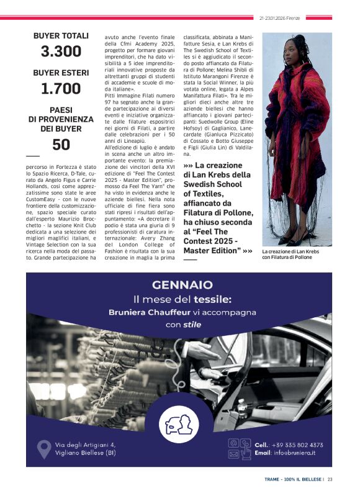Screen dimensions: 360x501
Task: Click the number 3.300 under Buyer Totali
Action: point(61,52)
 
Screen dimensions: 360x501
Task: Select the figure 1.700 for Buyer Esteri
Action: point(61,89)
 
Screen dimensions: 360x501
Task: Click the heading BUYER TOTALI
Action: point(61,36)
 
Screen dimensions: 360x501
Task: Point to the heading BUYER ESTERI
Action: point(61,73)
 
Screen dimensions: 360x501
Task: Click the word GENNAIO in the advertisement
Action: point(182,286)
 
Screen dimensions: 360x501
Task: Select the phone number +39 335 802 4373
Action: point(297,445)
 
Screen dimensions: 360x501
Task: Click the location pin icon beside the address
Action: point(44,448)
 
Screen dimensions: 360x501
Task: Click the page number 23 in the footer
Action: point(330,479)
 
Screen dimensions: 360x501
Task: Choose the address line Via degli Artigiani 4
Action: point(85,445)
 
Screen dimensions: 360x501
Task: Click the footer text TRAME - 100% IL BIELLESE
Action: point(292,479)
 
